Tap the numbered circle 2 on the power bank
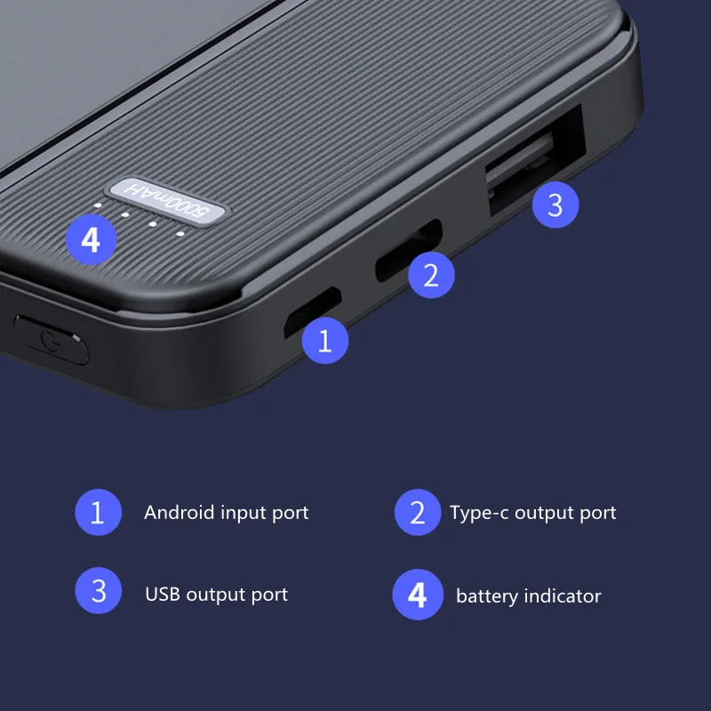tap(431, 275)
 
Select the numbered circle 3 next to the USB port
tap(555, 205)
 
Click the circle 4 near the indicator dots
tap(91, 239)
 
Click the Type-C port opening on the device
tap(408, 251)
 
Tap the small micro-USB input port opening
tap(310, 314)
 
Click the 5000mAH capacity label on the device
tap(168, 200)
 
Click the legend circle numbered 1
tap(98, 513)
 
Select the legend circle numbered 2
tap(418, 513)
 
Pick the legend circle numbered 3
tap(98, 593)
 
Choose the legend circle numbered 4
tap(418, 595)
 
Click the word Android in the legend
tap(179, 513)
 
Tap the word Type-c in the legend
tap(479, 513)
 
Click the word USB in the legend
tap(163, 594)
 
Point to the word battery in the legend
tap(485, 595)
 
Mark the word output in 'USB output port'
tap(218, 595)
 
